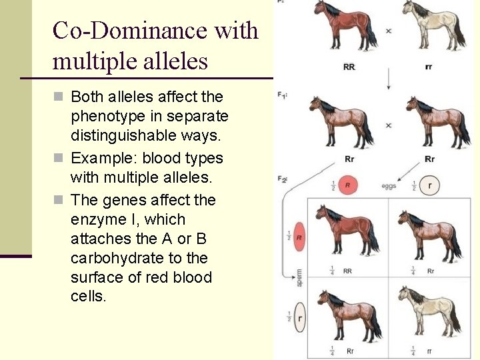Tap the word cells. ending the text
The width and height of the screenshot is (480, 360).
click(x=88, y=297)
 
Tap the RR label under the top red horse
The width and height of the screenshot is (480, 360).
click(x=349, y=67)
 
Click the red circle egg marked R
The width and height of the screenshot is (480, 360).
click(x=347, y=185)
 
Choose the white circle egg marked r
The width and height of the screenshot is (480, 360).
click(x=429, y=186)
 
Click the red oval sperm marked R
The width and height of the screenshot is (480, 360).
click(x=300, y=237)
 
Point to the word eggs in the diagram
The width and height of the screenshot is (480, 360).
click(x=389, y=186)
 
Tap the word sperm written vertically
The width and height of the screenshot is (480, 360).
click(x=299, y=277)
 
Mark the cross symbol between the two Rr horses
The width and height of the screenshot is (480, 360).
click(x=388, y=125)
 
